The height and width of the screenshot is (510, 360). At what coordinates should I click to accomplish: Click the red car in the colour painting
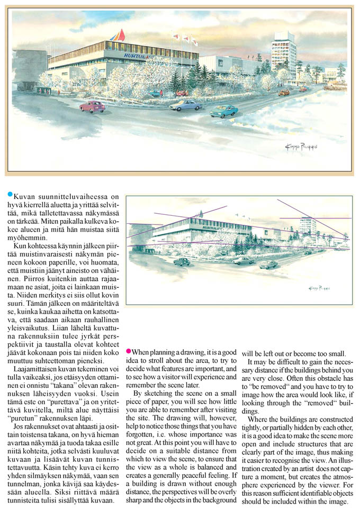(92, 106)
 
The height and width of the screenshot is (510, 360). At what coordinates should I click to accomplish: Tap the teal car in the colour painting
(223, 111)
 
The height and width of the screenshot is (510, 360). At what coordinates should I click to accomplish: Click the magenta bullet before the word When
(128, 352)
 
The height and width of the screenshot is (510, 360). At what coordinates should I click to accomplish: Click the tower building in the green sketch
(308, 228)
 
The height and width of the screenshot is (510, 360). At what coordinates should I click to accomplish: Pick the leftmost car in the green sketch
(182, 261)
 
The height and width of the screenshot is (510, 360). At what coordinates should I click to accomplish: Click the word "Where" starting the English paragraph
(257, 420)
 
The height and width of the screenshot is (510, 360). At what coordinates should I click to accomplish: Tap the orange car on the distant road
(284, 93)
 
